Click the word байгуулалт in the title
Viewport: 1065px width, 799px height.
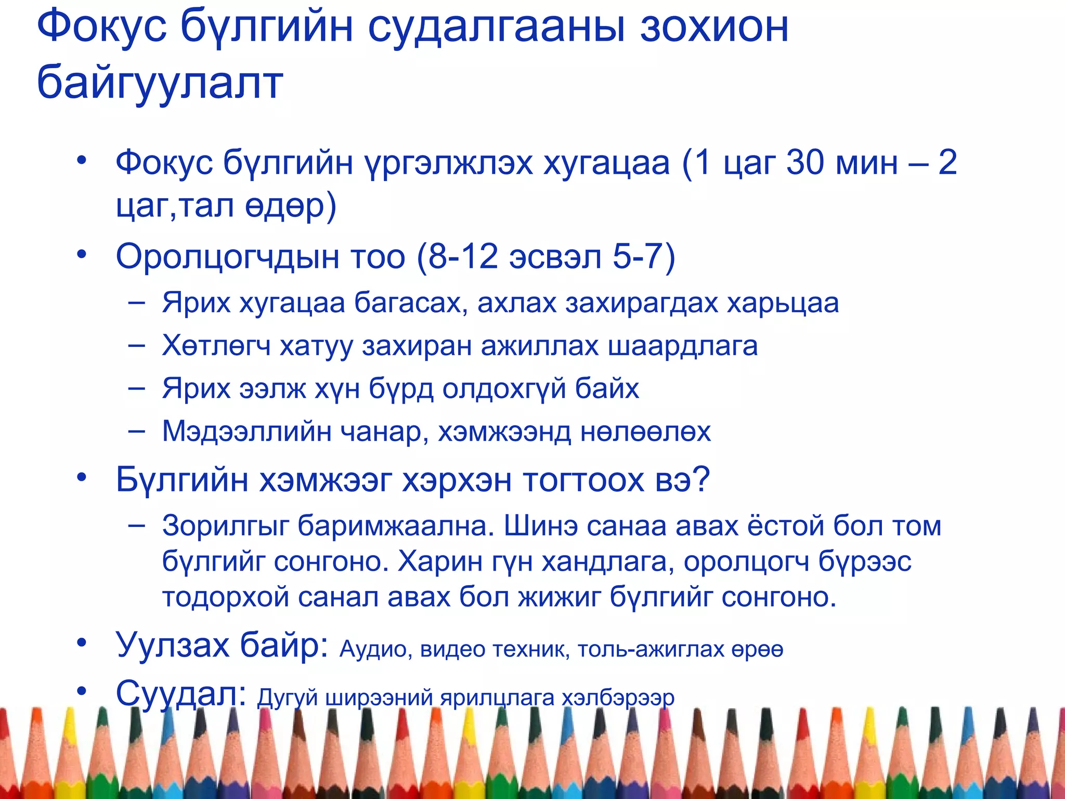pyautogui.click(x=160, y=83)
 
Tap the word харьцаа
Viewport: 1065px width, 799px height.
pyautogui.click(x=783, y=303)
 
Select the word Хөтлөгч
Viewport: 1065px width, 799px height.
pyautogui.click(x=216, y=346)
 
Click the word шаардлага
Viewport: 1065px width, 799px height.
pyautogui.click(x=682, y=346)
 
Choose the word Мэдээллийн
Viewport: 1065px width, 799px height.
pyautogui.click(x=246, y=431)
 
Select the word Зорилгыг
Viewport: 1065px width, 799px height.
pyautogui.click(x=225, y=526)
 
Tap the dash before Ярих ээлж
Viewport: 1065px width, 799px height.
pyautogui.click(x=136, y=389)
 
